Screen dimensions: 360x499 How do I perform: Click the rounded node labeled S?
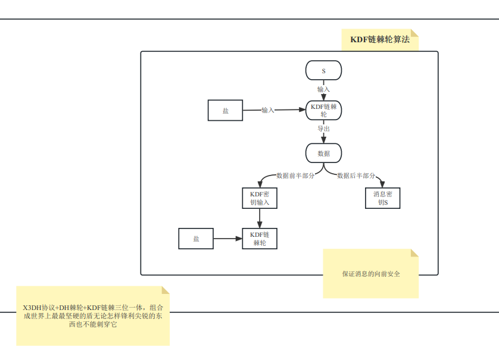pos(323,70)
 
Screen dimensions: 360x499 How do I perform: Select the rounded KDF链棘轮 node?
pos(323,110)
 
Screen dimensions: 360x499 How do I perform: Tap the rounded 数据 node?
pos(323,153)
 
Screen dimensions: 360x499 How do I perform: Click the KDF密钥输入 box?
pos(260,198)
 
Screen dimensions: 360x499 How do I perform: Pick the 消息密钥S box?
pos(382,198)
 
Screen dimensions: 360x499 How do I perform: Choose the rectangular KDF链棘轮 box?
pos(260,239)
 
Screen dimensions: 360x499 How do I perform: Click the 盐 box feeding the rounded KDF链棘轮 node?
pos(225,111)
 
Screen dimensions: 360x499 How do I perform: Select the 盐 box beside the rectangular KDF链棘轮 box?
pos(196,239)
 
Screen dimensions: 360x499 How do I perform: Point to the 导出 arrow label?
pos(323,129)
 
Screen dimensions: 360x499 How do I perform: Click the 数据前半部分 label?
pos(295,176)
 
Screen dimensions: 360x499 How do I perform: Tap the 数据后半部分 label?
pos(356,176)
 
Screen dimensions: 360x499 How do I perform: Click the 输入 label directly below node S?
pos(323,89)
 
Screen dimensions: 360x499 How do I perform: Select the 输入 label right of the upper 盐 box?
pos(268,110)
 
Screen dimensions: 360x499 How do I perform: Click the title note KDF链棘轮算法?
pos(380,40)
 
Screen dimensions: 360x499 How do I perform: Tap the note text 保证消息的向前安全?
pos(370,274)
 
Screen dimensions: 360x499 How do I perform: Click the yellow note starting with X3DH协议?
pos(92,316)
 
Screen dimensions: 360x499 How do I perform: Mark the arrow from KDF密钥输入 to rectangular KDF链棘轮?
pos(260,218)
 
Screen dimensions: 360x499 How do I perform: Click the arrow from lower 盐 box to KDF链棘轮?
pos(227,239)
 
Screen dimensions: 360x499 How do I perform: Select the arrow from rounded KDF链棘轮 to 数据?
pos(323,137)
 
